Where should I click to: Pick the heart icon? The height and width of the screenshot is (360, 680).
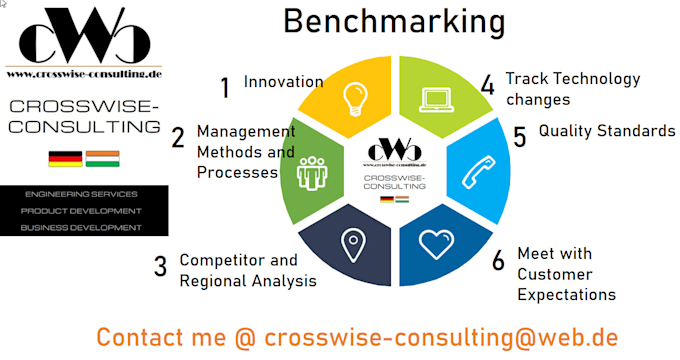(436, 244)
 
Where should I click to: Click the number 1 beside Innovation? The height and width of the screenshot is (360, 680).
(225, 88)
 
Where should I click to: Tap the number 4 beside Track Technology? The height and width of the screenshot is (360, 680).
(487, 86)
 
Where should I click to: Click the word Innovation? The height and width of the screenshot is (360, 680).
(283, 82)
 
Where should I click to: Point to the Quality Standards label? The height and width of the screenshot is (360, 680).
(607, 131)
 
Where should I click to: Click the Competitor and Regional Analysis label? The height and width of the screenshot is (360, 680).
(247, 270)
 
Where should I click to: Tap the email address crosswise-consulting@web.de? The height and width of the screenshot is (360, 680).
(441, 337)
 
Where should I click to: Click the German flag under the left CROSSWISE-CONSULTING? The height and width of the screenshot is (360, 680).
(65, 158)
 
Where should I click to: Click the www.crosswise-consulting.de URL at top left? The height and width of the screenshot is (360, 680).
(84, 73)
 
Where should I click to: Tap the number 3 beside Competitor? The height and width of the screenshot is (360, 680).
(160, 267)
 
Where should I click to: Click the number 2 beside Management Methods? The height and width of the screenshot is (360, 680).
(177, 139)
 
